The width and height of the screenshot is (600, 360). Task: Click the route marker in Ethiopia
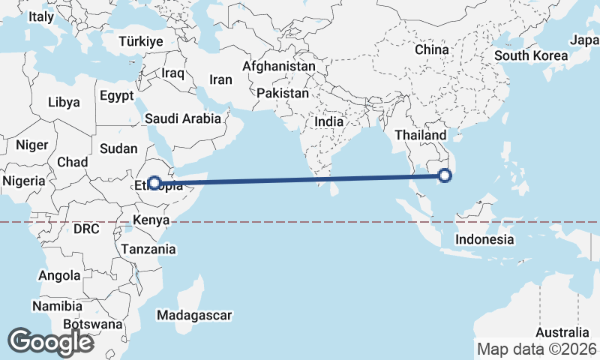point(154,182)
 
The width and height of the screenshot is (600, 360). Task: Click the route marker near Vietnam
point(445,176)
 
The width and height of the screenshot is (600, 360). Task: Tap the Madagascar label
point(194,315)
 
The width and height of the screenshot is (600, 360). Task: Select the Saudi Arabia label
point(183,118)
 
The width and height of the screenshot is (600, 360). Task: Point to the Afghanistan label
point(279,66)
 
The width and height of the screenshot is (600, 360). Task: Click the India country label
point(329,121)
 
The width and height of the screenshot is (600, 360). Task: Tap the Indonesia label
point(485,239)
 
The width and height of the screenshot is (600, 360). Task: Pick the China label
point(431,49)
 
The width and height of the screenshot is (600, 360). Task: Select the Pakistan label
point(282,94)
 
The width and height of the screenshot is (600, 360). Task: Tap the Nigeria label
point(23,181)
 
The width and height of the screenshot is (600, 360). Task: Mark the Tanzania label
point(148,249)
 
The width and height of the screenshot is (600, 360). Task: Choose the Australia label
point(563,332)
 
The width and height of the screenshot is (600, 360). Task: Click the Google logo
point(50,341)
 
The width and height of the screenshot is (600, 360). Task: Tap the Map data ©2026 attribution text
point(537,349)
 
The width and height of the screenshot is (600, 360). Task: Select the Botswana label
point(92,325)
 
